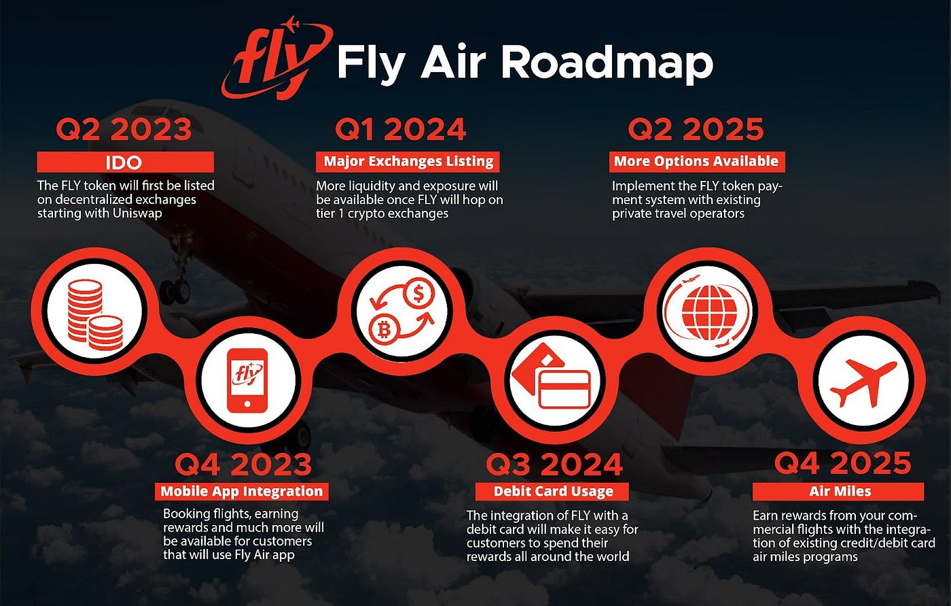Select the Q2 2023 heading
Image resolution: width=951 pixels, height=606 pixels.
[x=124, y=130]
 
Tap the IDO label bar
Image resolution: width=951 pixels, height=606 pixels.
[x=124, y=163]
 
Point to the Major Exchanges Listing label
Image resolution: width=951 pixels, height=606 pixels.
[x=408, y=161]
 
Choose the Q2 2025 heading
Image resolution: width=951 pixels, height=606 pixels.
[x=696, y=130]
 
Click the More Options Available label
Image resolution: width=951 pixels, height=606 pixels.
[x=696, y=161]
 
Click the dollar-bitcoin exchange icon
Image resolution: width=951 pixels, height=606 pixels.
[x=401, y=311]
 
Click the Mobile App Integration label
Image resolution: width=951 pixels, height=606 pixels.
[x=242, y=491]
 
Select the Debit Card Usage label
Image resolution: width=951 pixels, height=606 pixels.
[x=553, y=491]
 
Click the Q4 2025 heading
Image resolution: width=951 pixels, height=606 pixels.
[x=842, y=464]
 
